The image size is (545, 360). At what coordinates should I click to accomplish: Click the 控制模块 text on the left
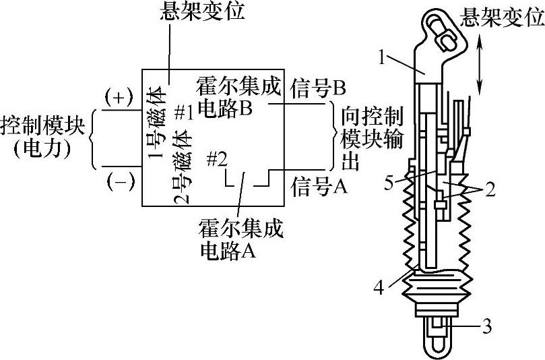[x=44, y=126]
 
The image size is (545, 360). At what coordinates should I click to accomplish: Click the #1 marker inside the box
[x=184, y=113]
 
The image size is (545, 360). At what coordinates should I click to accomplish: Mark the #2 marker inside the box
[x=216, y=159]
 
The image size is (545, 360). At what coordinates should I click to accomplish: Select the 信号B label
[x=318, y=87]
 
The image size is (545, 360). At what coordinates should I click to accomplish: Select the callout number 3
[x=487, y=328]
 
